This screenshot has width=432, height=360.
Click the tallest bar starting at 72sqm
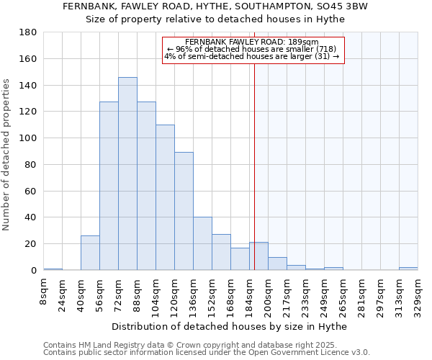pos(127,174)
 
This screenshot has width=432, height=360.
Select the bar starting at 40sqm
pos(90,253)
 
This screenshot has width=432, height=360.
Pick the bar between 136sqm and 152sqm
pos(202,243)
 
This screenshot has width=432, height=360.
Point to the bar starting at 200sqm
pos(277,264)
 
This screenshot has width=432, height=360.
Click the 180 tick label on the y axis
pos(28,32)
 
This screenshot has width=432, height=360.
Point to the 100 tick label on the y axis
pos(28,138)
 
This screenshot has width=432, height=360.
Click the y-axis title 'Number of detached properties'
pos(7,166)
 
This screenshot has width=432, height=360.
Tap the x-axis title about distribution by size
pos(230,327)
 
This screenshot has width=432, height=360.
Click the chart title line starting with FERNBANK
pos(215,6)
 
